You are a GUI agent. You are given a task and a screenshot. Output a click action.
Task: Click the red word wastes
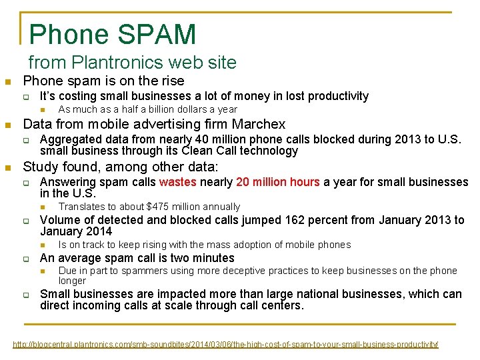pos(178,182)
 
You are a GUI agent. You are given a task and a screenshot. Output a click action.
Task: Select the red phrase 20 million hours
pos(277,182)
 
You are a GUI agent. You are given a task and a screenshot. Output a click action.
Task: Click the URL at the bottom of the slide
pos(226,344)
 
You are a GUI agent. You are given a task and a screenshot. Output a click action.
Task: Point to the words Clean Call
pos(218,151)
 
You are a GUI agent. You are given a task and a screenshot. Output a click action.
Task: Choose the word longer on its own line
pos(72,281)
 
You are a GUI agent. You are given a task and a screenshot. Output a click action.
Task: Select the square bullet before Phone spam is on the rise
pos(7,82)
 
